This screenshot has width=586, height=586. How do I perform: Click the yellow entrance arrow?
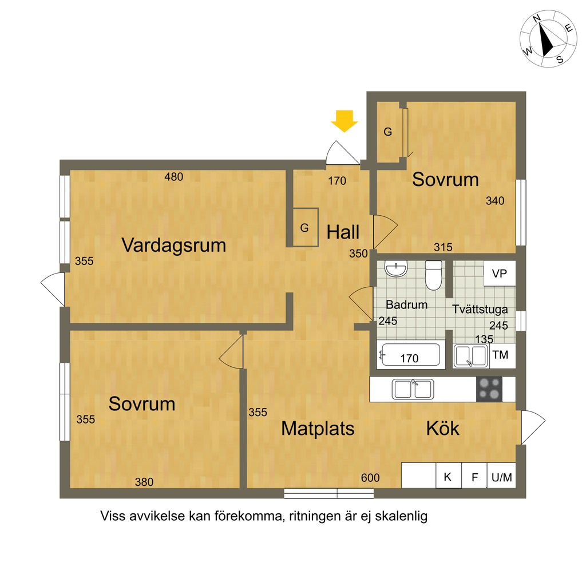point(344,121)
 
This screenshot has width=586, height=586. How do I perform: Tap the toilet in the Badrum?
point(434,275)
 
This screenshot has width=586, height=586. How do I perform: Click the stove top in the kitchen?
point(489,389)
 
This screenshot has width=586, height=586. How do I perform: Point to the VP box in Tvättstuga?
point(500,273)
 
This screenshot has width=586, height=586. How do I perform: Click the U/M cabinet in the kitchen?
point(501,476)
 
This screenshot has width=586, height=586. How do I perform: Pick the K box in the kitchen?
point(449,476)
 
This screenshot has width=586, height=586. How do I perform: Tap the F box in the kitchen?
point(474,476)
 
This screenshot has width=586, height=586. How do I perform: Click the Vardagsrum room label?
point(174,246)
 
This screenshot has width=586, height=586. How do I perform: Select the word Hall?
point(343,232)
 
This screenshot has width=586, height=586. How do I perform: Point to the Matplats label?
point(318,429)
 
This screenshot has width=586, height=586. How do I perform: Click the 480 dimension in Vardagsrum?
point(174,177)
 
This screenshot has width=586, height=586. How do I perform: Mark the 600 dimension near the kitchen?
point(370,478)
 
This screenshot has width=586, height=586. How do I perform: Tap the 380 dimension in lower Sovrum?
point(144,482)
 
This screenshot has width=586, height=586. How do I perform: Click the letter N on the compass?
point(537,18)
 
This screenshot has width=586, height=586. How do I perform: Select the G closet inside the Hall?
point(306,227)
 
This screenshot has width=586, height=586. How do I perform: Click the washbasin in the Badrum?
point(396,268)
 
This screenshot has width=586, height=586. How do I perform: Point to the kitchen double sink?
point(413,389)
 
